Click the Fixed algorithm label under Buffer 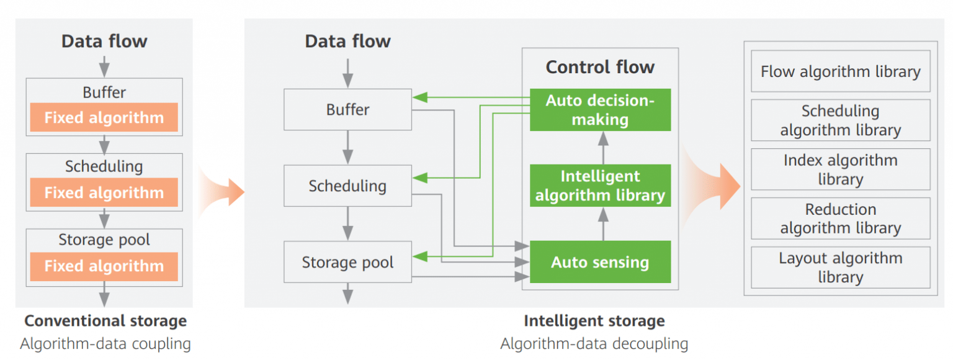(x=104, y=118)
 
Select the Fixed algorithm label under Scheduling (x=104, y=192)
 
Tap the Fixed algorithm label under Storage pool (x=104, y=266)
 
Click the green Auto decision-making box (x=600, y=110)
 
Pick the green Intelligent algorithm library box (x=600, y=186)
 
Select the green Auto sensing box (x=600, y=262)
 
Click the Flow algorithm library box (x=840, y=72)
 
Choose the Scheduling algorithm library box (x=840, y=120)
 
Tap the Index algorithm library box (x=840, y=169)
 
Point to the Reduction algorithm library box (x=840, y=218)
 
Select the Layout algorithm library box (x=840, y=268)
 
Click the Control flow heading (x=600, y=67)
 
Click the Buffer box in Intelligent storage (x=347, y=110)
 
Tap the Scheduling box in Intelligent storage (x=347, y=186)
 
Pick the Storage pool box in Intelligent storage (x=347, y=262)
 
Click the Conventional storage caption (x=105, y=321)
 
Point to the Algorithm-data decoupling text (x=594, y=343)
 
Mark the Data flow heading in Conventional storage (x=104, y=42)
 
